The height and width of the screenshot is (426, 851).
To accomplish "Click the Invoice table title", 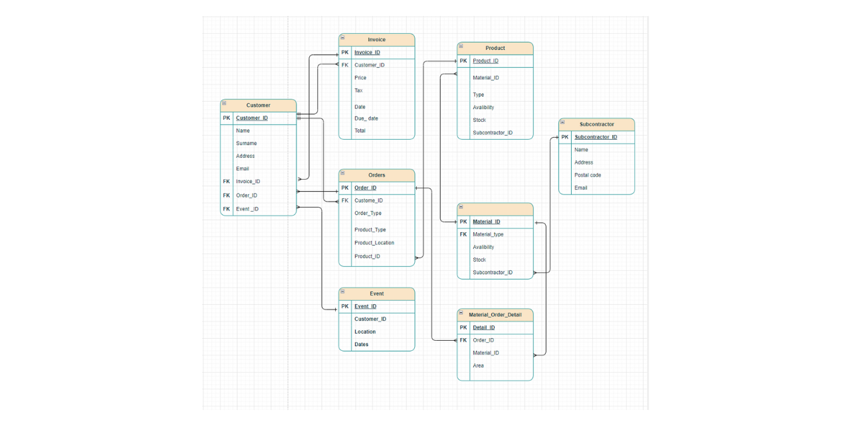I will tap(376, 40).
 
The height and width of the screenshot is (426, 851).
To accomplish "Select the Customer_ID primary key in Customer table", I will tap(252, 118).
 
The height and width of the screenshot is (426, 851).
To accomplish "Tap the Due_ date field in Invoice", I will tap(366, 118).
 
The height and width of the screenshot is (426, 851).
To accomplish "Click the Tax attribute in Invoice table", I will tap(358, 91).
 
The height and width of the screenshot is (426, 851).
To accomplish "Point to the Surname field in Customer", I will tap(246, 143).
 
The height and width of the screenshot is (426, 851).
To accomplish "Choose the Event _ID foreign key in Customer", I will tap(247, 209).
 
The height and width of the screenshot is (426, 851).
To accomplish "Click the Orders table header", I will tap(376, 175).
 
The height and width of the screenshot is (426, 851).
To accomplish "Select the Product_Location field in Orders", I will tap(374, 243).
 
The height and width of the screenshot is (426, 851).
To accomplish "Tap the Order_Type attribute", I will tap(368, 214).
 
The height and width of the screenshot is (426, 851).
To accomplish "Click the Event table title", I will tap(376, 294).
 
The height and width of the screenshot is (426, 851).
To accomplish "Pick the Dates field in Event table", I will tap(361, 345).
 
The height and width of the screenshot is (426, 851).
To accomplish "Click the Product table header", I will tap(495, 48).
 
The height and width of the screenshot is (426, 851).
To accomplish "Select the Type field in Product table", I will tap(478, 95).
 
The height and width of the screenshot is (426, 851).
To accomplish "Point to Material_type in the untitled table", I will tap(488, 234).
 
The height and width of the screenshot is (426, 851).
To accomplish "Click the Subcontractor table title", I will tap(596, 124).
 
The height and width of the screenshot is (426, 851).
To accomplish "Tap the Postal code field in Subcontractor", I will tap(587, 175).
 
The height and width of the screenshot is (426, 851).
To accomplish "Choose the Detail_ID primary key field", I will tap(483, 327).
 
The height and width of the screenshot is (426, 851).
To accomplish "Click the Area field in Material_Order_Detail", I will tap(478, 365).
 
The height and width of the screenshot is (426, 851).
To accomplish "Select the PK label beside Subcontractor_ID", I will tap(564, 137).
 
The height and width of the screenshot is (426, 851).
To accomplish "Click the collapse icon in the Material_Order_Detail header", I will tap(461, 313).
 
